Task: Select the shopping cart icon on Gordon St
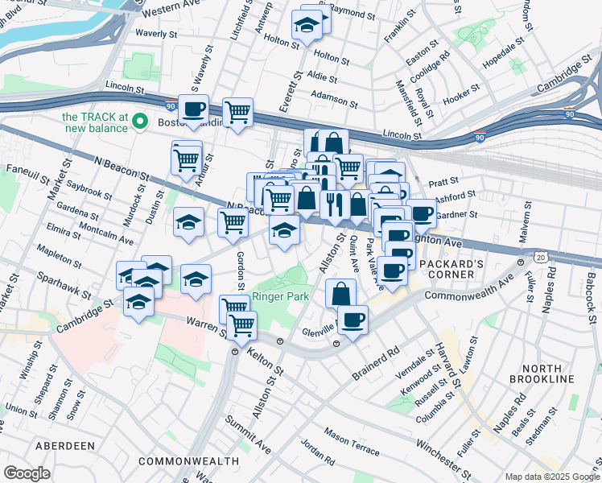233,221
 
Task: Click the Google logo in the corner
27,473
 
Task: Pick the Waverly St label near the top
156,34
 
